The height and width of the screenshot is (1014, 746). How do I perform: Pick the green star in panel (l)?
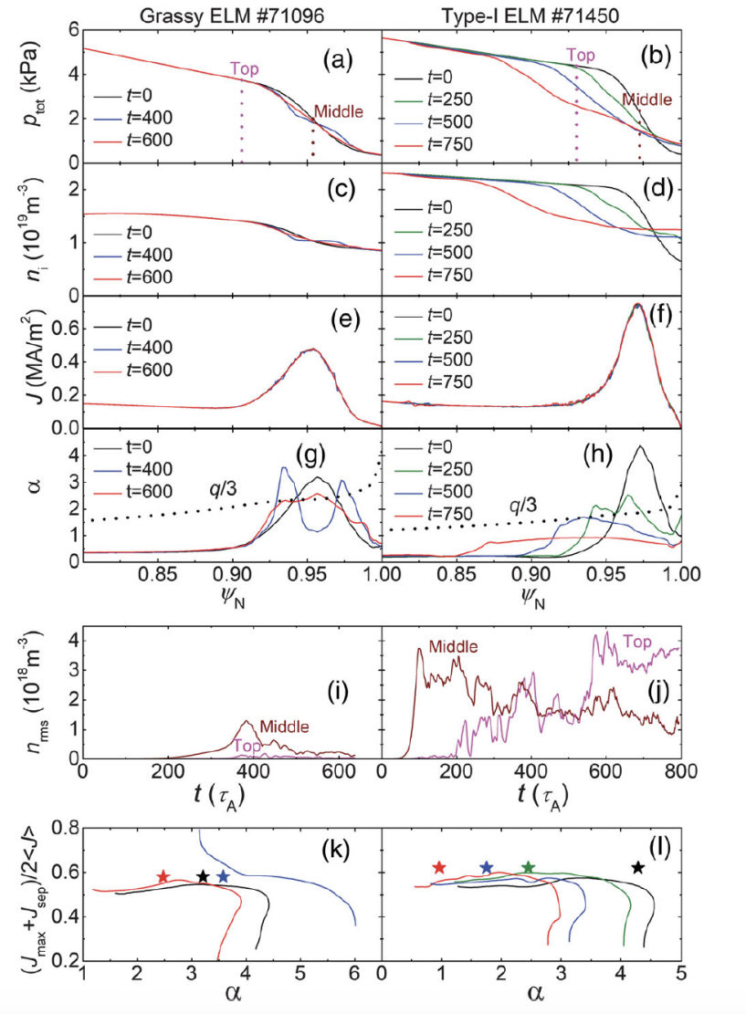pyautogui.click(x=528, y=867)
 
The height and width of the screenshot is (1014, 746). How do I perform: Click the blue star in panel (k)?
pyautogui.click(x=223, y=877)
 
